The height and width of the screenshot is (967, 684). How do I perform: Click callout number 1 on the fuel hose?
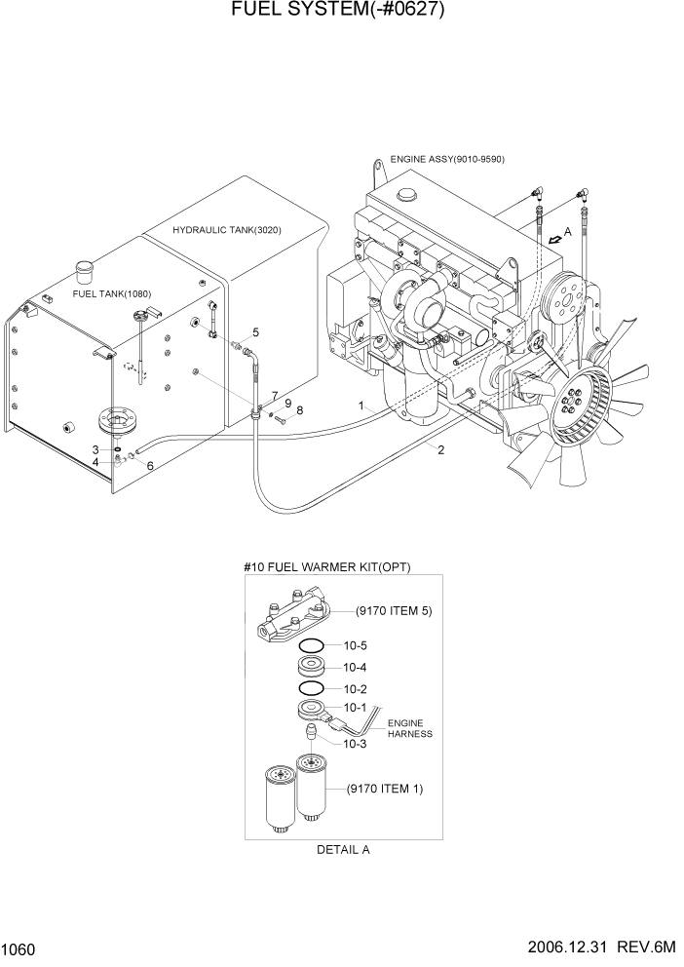[x=361, y=405]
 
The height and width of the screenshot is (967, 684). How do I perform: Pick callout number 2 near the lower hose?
[x=441, y=449]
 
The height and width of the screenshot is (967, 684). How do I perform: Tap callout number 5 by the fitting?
[x=255, y=332]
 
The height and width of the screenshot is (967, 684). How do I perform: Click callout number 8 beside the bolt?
[x=299, y=410]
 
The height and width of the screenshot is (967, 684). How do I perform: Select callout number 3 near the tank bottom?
[x=95, y=449]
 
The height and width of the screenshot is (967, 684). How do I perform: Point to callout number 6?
[x=150, y=466]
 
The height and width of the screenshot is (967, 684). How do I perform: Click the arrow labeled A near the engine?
[x=556, y=236]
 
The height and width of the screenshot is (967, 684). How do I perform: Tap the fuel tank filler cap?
[x=85, y=266]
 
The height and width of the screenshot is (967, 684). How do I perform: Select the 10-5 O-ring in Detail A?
[x=312, y=646]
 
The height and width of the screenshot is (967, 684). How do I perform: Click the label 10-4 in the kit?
[x=356, y=668]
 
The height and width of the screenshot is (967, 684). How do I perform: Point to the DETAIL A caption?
[x=343, y=849]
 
